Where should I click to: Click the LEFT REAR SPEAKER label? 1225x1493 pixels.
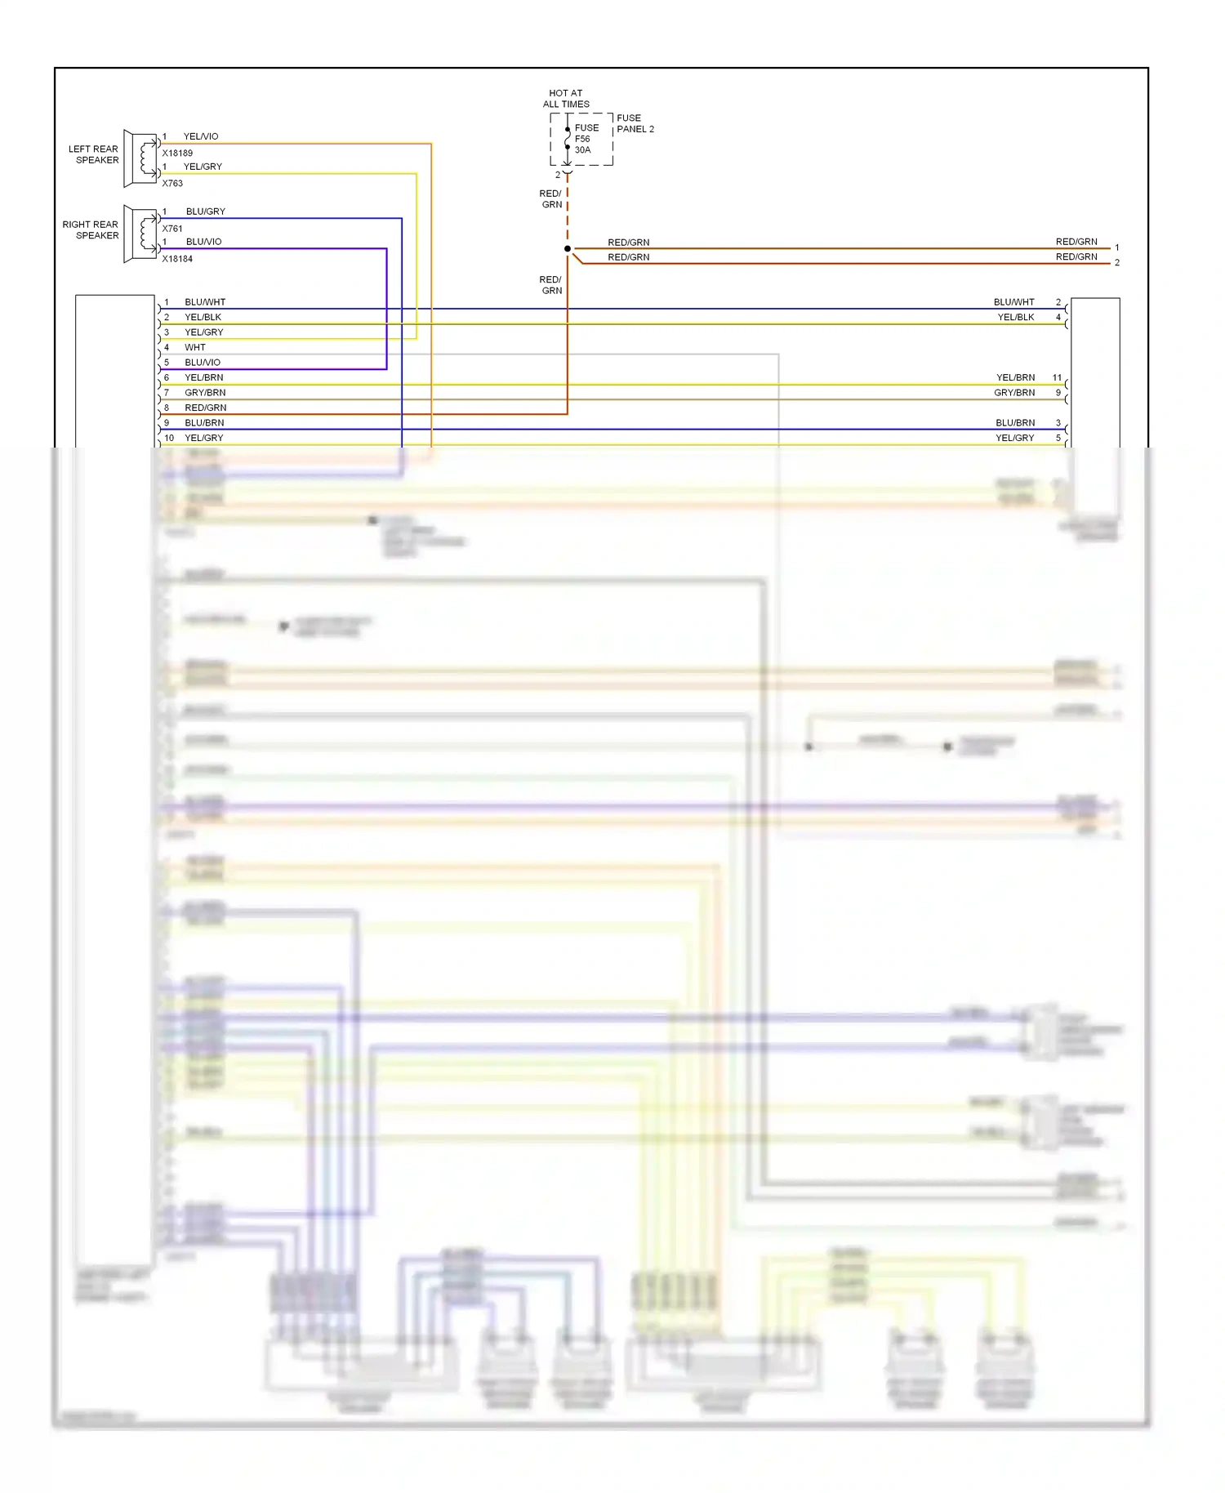(x=93, y=154)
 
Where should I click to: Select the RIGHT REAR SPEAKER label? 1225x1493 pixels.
(x=91, y=230)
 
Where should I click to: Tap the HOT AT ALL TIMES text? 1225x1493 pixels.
(x=566, y=99)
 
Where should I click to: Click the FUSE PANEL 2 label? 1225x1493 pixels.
(x=635, y=123)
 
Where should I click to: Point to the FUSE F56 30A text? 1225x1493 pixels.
(x=586, y=139)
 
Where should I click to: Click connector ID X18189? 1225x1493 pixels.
(x=177, y=153)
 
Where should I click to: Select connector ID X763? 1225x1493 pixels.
(x=172, y=183)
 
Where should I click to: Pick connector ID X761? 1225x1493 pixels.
(x=172, y=229)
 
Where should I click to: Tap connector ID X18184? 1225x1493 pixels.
(x=177, y=259)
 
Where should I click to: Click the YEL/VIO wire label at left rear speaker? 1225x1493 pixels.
(x=201, y=136)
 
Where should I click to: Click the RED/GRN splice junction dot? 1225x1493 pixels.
(x=568, y=248)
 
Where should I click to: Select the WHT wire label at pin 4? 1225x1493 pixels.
(x=195, y=347)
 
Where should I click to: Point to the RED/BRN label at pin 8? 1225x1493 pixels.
(x=205, y=408)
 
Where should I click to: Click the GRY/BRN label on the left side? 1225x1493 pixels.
(x=205, y=393)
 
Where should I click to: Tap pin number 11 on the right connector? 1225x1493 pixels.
(x=1057, y=377)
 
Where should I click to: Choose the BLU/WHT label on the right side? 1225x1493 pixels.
(x=1013, y=302)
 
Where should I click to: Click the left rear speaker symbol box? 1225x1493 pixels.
(x=140, y=158)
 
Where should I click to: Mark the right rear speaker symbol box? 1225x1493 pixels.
(x=140, y=234)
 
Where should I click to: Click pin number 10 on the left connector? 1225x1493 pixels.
(x=169, y=438)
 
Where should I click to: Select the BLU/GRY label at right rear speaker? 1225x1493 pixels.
(x=205, y=212)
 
